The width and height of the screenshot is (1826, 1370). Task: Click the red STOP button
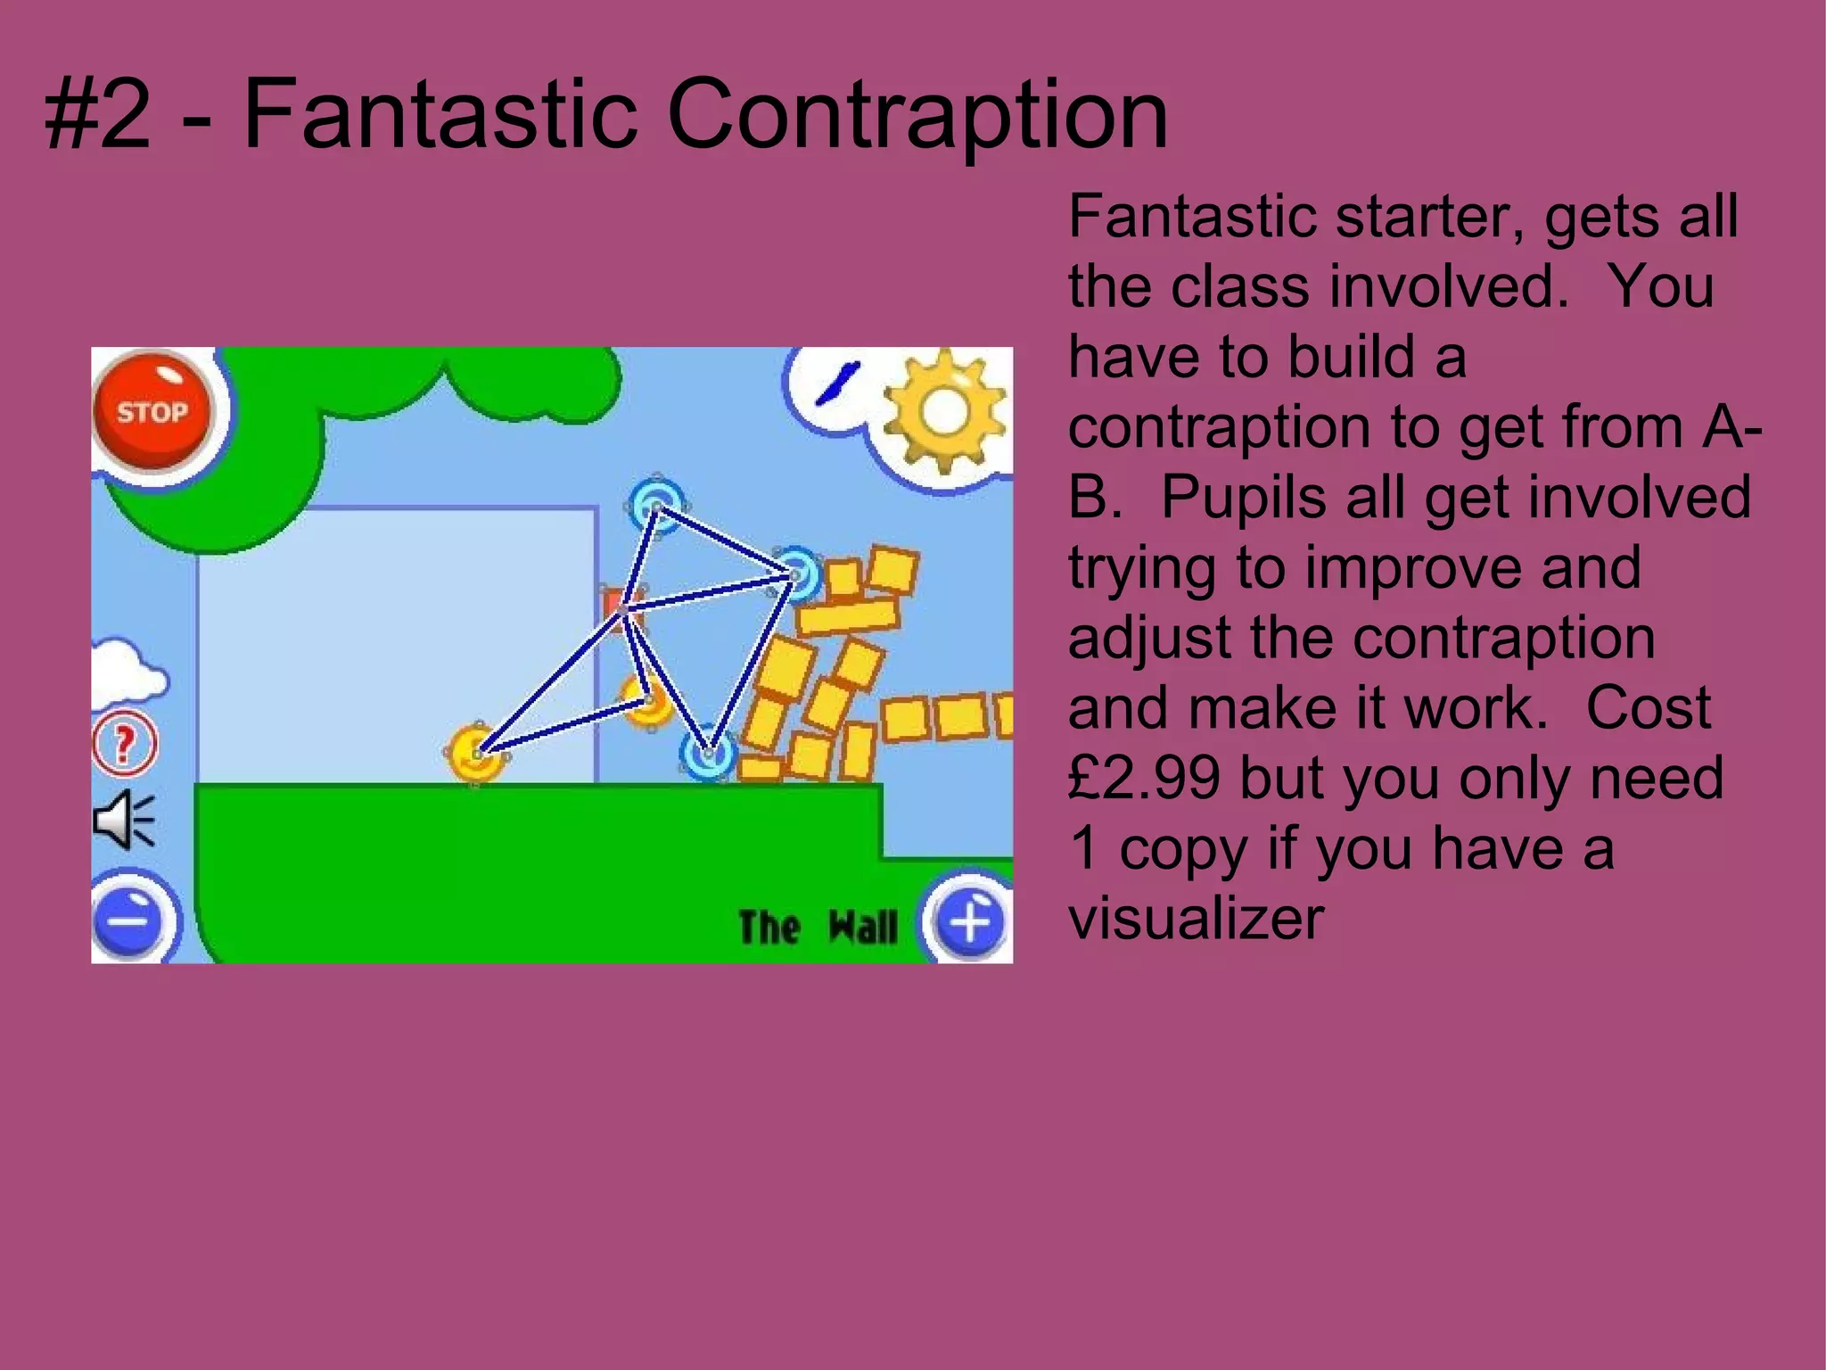tap(152, 411)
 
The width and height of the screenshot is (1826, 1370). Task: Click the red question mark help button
tap(125, 742)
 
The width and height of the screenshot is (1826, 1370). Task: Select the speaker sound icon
tap(123, 819)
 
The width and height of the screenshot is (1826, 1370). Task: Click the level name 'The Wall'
tap(818, 928)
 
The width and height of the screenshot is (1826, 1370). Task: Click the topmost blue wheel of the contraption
tap(656, 505)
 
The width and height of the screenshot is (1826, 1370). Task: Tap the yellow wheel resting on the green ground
tap(476, 752)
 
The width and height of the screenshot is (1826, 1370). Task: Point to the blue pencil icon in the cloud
tap(838, 381)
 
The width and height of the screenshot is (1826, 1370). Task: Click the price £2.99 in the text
tap(1143, 778)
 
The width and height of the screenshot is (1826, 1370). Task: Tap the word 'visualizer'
tap(1196, 919)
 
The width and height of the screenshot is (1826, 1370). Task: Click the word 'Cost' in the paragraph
tap(1648, 708)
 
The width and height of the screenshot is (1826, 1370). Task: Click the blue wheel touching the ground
tap(708, 754)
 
